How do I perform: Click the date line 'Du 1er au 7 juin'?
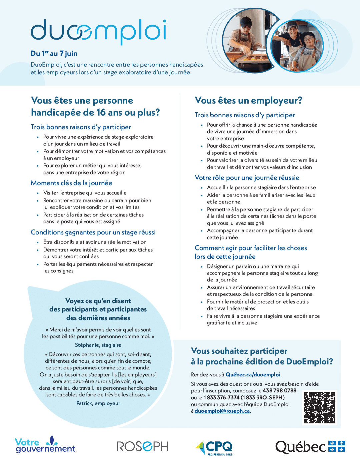[x=54, y=54]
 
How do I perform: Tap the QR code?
[x=319, y=408]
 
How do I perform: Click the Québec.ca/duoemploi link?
[x=253, y=375]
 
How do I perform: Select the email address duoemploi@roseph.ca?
[x=222, y=411]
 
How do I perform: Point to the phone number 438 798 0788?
[x=279, y=390]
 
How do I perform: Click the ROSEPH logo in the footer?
[x=142, y=446]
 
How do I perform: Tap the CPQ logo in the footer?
[x=214, y=447]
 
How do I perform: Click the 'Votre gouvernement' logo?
[x=45, y=445]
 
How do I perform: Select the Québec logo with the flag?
[x=310, y=447]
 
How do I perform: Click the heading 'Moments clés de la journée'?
[x=71, y=183]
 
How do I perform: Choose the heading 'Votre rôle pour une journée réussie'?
[x=247, y=178]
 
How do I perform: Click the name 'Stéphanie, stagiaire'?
[x=98, y=345]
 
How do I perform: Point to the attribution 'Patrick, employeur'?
[x=98, y=403]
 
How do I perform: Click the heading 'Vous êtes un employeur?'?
[x=248, y=100]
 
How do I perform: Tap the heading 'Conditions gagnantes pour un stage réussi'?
[x=93, y=232]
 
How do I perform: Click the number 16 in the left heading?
[x=101, y=113]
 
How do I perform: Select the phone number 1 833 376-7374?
[x=221, y=397]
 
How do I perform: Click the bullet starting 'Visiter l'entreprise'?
[x=85, y=193]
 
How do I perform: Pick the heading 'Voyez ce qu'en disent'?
[x=98, y=301]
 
